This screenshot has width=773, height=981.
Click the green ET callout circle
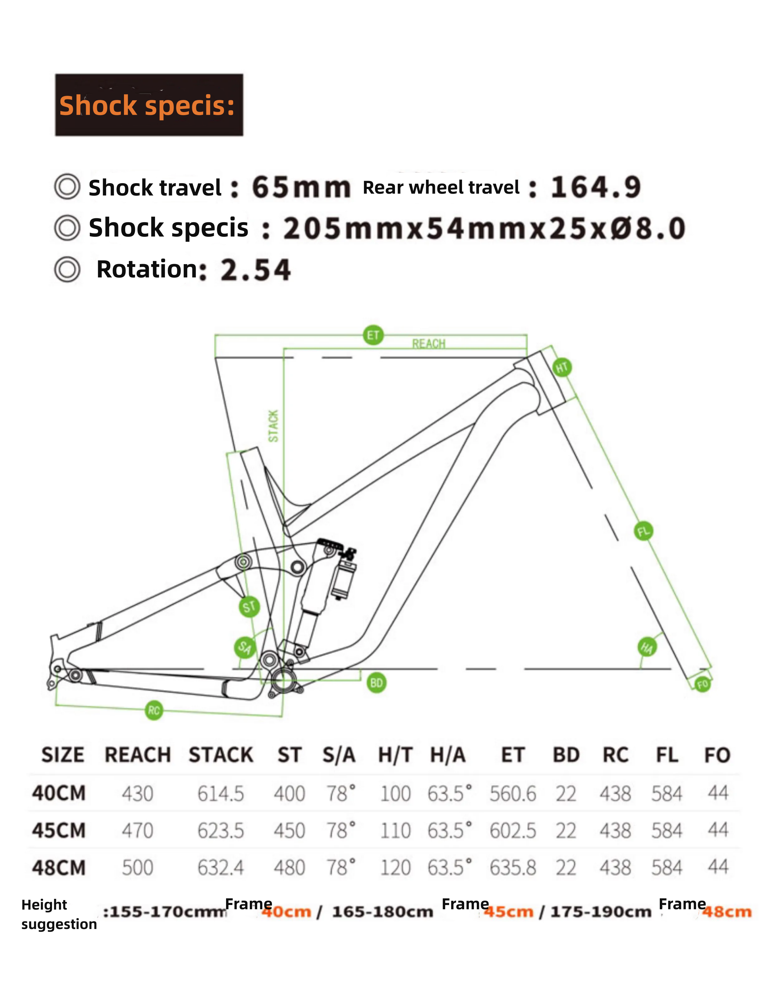coord(373,335)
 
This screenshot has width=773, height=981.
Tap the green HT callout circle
coord(562,367)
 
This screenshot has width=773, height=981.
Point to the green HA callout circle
coord(647,647)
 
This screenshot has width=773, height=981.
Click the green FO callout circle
coord(702,684)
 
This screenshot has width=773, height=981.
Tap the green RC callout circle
coord(154,710)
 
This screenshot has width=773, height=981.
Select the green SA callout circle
coord(245,647)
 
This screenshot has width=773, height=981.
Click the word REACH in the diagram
coord(428,344)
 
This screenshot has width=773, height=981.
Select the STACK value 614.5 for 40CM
coord(221,794)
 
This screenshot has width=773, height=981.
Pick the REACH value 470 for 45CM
coord(137,831)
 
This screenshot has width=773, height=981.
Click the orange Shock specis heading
coord(147,106)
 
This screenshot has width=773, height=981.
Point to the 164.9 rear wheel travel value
coord(596,187)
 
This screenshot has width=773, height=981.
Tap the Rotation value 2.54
coord(256,270)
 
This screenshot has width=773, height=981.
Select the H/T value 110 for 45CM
coord(395,831)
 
